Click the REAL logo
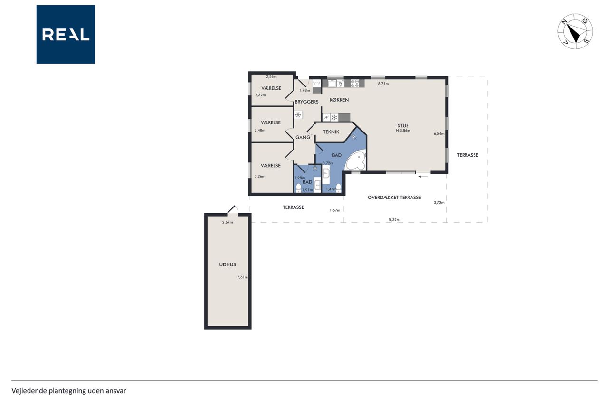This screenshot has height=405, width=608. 66,35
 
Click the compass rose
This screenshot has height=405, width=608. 575,31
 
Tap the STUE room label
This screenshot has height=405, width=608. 403,126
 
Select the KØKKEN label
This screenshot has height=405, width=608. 339,100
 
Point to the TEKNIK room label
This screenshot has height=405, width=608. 331,132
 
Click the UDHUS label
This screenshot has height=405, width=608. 228,264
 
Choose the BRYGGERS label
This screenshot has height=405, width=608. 306,102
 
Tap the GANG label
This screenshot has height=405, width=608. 303,138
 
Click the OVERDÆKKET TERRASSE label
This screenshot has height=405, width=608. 394,198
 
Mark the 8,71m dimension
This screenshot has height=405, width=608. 383,84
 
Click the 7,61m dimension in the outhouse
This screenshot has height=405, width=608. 242,277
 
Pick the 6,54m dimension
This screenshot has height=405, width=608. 439,133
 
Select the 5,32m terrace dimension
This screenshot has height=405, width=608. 394,220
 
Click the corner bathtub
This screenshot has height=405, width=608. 356,162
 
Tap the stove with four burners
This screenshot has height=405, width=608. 355,83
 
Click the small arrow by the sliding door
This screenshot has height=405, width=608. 423,177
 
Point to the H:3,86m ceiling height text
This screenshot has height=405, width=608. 403,131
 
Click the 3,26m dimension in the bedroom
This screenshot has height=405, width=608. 260,176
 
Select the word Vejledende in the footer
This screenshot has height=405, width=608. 29,391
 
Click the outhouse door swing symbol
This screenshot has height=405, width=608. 233,210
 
